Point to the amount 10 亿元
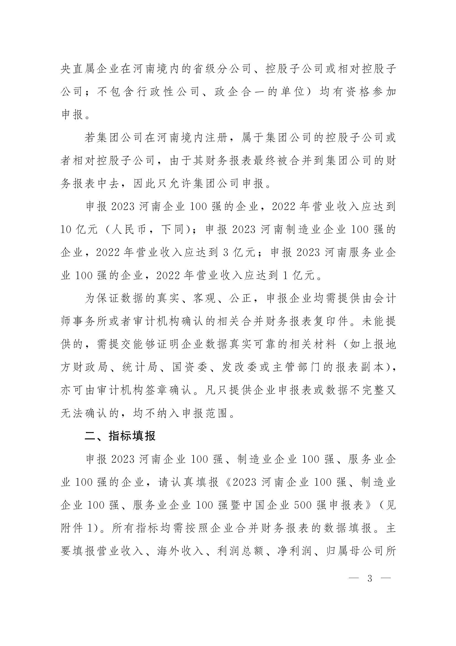tap(79, 230)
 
